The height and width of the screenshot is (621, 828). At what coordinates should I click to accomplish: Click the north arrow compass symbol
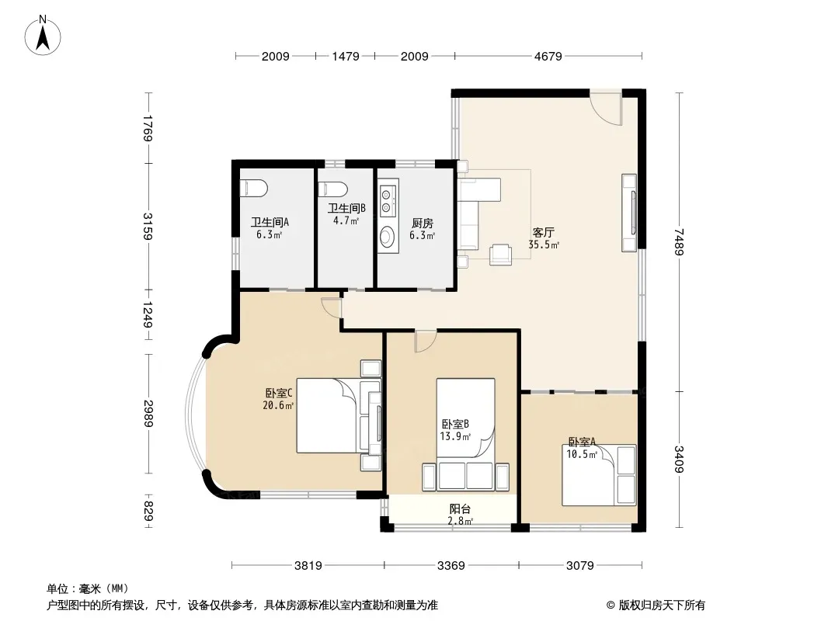(43, 36)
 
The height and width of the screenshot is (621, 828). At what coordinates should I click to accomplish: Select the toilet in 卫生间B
(334, 189)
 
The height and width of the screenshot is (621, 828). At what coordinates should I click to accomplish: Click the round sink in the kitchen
(388, 237)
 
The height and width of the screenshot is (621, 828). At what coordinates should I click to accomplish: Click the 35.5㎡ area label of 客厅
(544, 245)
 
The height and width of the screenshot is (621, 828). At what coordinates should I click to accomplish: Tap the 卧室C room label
(278, 393)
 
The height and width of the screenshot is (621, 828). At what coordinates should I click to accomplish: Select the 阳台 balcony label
(460, 508)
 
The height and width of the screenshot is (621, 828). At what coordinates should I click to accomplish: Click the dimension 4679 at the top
(548, 56)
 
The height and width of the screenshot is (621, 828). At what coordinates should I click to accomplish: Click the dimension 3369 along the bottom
(451, 566)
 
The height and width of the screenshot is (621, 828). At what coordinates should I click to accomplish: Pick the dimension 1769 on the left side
(148, 128)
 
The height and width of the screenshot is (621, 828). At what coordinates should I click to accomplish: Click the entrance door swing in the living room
(606, 108)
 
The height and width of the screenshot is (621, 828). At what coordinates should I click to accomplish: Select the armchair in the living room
(500, 255)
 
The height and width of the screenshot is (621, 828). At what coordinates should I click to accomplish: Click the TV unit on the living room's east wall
(629, 213)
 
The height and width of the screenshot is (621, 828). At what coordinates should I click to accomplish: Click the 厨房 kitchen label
(423, 224)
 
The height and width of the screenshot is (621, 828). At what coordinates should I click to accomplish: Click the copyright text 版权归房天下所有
(662, 605)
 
